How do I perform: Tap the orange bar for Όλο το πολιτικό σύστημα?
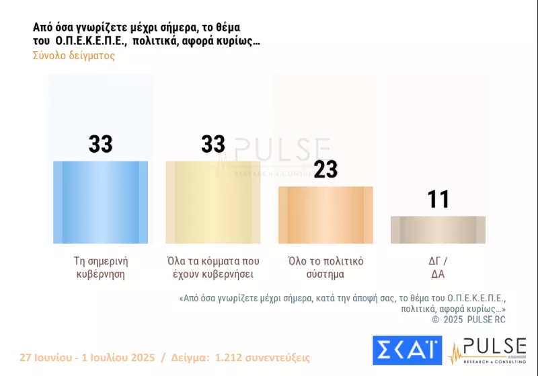pyautogui.click(x=325, y=215)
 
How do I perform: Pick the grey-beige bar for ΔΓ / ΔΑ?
pyautogui.click(x=438, y=229)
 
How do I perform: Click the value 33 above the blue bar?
pyautogui.click(x=100, y=144)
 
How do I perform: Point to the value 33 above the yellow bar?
pyautogui.click(x=213, y=144)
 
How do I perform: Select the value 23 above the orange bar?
pyautogui.click(x=325, y=170)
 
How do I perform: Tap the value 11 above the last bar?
pyautogui.click(x=438, y=199)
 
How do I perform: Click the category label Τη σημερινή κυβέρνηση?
pyautogui.click(x=100, y=267)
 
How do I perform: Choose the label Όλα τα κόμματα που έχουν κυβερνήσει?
pyautogui.click(x=213, y=267)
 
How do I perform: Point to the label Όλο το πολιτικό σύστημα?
pyautogui.click(x=325, y=267)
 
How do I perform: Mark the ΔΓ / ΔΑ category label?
pyautogui.click(x=438, y=267)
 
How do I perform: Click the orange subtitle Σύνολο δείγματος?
pyautogui.click(x=74, y=56)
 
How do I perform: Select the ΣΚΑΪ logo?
pyautogui.click(x=407, y=351)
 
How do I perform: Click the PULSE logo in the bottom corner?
pyautogui.click(x=488, y=351)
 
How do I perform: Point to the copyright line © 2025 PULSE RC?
pyautogui.click(x=469, y=319)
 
